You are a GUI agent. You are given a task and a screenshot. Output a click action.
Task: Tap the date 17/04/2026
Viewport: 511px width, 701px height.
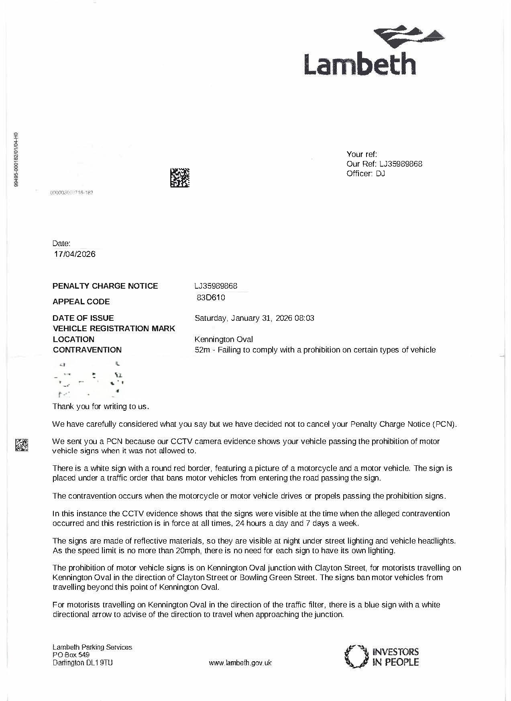(75, 254)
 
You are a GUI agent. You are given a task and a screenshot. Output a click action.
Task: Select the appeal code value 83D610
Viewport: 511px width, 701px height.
(211, 298)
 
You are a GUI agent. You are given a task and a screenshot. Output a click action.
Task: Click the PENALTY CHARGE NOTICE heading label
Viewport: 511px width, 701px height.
(105, 286)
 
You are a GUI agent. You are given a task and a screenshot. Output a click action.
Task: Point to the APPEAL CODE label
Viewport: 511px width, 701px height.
(81, 302)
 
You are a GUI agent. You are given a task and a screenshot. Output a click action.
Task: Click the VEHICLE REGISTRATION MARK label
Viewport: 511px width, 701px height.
(114, 328)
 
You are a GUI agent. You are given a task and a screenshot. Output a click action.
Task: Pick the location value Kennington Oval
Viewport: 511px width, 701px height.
(224, 339)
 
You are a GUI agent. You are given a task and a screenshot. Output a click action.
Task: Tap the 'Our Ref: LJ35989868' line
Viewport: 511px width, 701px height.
(384, 164)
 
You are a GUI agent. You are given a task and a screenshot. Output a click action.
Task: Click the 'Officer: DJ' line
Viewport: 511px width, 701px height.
(366, 173)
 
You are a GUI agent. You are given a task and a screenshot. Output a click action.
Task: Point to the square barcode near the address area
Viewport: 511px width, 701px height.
(180, 178)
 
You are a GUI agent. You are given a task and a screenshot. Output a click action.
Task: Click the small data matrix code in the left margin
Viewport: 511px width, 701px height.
(22, 445)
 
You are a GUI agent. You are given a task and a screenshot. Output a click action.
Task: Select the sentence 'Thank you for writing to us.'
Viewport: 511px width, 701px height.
(101, 406)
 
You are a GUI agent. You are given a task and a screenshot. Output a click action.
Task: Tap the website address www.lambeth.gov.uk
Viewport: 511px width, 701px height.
(240, 663)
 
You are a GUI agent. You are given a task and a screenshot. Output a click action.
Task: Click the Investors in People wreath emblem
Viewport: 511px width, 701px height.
(356, 656)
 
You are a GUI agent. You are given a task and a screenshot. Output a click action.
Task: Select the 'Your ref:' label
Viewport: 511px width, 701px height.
(362, 154)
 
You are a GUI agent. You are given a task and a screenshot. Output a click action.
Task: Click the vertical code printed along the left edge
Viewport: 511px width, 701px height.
(16, 159)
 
